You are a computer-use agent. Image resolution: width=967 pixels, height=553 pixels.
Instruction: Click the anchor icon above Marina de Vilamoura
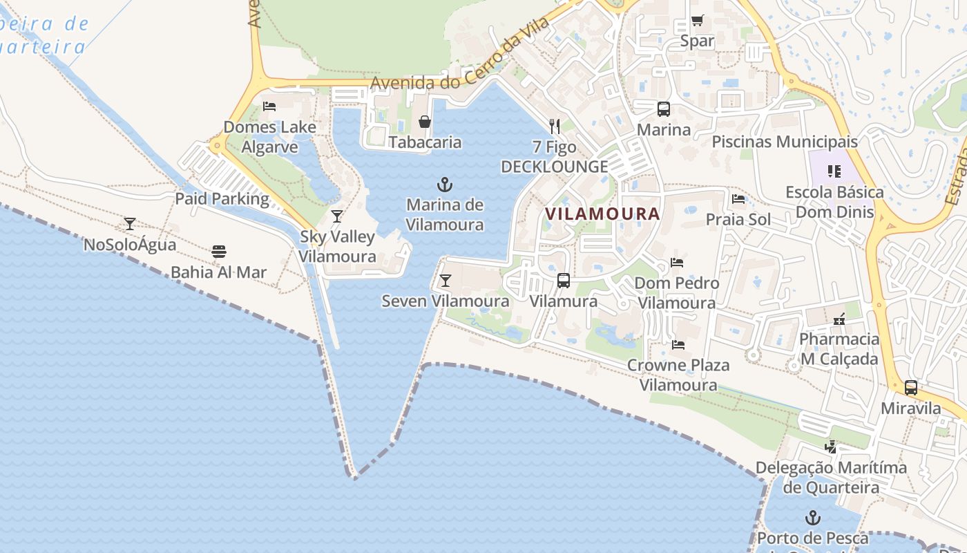pyautogui.click(x=445, y=185)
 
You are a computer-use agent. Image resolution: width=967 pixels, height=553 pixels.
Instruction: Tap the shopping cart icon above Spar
pyautogui.click(x=697, y=21)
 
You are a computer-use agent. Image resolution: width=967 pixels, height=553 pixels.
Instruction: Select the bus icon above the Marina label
pyautogui.click(x=664, y=109)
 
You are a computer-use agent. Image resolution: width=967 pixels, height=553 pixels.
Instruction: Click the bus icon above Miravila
pyautogui.click(x=911, y=388)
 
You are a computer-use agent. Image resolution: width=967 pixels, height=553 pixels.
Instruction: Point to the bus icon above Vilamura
pyautogui.click(x=564, y=281)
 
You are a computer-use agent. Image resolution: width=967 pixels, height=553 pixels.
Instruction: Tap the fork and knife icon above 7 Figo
pyautogui.click(x=554, y=126)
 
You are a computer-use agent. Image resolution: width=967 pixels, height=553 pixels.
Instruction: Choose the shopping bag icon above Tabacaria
pyautogui.click(x=425, y=122)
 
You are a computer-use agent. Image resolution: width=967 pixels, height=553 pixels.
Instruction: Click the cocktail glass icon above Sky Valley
pyautogui.click(x=337, y=216)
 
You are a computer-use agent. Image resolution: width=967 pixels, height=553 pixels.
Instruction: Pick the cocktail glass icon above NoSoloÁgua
pyautogui.click(x=129, y=224)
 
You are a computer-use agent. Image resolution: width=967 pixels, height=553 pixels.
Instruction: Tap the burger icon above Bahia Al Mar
pyautogui.click(x=219, y=252)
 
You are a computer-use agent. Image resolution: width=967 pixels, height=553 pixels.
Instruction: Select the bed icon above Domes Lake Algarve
pyautogui.click(x=269, y=106)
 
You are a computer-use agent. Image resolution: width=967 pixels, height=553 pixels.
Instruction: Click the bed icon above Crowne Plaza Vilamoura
pyautogui.click(x=678, y=344)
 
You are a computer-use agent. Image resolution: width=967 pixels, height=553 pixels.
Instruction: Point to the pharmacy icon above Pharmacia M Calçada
pyautogui.click(x=839, y=319)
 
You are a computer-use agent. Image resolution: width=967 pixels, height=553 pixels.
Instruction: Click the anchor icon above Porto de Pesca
pyautogui.click(x=813, y=518)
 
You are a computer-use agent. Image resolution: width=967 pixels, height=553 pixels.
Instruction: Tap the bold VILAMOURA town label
pyautogui.click(x=602, y=214)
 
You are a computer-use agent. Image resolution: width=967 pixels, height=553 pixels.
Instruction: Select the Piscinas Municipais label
pyautogui.click(x=785, y=142)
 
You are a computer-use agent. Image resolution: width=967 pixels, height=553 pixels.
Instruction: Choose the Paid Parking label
pyautogui.click(x=222, y=199)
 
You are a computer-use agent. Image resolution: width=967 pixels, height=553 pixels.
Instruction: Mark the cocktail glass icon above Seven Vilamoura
pyautogui.click(x=446, y=281)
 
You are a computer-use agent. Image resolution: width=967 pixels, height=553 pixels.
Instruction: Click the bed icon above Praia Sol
pyautogui.click(x=738, y=200)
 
